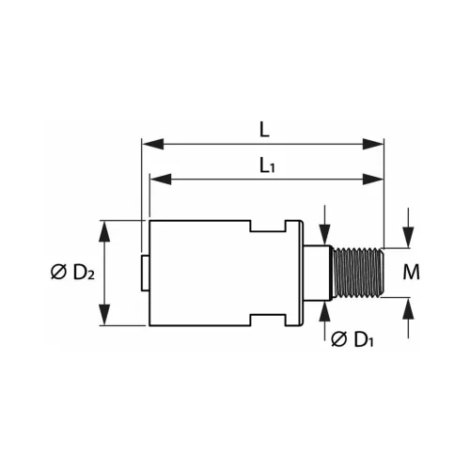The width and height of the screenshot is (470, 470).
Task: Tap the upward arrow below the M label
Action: (x=409, y=306)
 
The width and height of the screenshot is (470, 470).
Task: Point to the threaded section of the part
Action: (x=360, y=273)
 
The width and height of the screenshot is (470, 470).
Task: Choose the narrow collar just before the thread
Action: (x=320, y=273)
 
